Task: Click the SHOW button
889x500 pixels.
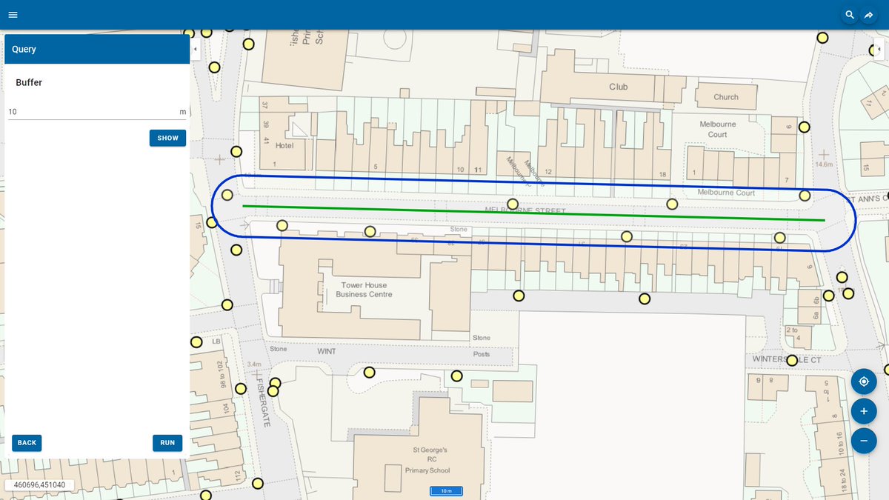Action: point(167,138)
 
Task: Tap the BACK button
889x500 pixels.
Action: point(27,443)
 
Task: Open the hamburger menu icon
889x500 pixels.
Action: point(13,15)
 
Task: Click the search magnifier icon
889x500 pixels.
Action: point(850,15)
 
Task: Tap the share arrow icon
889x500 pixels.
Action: point(869,15)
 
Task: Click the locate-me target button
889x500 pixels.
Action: point(863,382)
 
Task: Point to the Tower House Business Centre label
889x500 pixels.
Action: point(364,290)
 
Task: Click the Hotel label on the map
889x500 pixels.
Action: point(284,146)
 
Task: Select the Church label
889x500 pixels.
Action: point(726,97)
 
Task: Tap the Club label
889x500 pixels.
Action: point(619,87)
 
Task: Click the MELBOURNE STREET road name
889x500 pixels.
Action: point(525,211)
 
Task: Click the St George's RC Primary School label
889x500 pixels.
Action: point(430,460)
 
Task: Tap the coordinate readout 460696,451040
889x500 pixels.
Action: point(39,485)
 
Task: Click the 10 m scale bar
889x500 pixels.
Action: point(446,491)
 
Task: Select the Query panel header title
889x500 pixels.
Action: point(24,49)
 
